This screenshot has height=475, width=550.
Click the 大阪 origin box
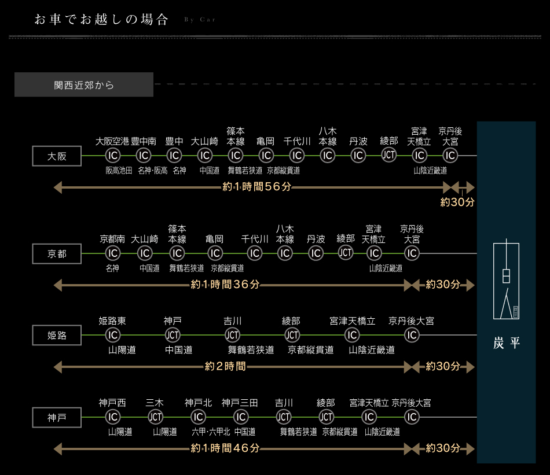click(x=57, y=156)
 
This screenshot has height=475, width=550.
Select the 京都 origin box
click(x=57, y=254)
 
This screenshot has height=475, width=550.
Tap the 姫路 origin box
click(x=57, y=335)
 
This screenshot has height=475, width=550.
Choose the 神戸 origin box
click(x=57, y=417)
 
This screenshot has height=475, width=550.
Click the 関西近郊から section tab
click(x=84, y=85)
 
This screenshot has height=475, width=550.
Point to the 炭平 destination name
click(x=507, y=343)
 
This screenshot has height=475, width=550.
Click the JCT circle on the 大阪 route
click(x=389, y=155)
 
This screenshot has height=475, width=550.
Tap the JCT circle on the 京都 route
click(x=346, y=253)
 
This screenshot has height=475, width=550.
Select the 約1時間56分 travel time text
click(x=257, y=187)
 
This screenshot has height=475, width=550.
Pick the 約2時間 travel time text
click(x=225, y=366)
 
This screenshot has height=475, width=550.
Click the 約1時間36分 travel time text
click(x=225, y=285)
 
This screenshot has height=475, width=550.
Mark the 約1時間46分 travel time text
click(x=225, y=448)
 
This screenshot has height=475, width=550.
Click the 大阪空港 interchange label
click(x=112, y=141)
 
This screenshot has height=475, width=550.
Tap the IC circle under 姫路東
click(x=112, y=335)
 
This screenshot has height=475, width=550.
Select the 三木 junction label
click(x=155, y=403)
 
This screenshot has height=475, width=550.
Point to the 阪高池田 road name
click(x=119, y=171)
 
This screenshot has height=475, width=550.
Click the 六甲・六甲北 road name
click(x=211, y=432)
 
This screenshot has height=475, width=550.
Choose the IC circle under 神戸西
click(x=112, y=417)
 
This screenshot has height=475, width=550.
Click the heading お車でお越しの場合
click(x=101, y=20)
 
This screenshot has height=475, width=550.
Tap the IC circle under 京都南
click(x=112, y=253)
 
